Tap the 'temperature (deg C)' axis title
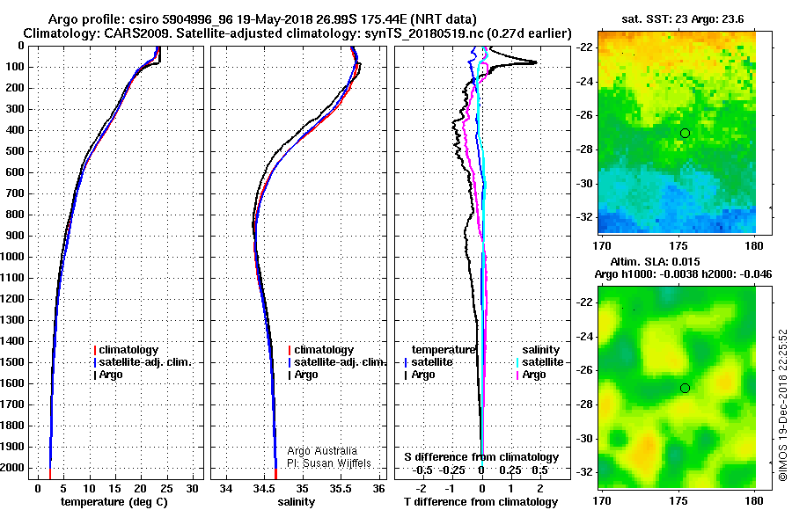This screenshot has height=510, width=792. pos(114,502)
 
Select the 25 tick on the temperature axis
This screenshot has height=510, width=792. pos(166,489)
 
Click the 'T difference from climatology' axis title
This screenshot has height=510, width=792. pos(480,502)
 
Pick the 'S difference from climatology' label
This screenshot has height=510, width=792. pos(481,457)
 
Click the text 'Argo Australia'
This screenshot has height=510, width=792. pos(322,451)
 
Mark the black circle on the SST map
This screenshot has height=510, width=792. pos(685,134)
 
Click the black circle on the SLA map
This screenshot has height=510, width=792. pos(685,388)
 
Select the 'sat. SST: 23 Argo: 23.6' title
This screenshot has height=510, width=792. pos(682,19)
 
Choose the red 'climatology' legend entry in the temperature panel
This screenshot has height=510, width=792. pos(126,349)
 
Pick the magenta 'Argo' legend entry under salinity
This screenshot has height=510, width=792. pos(531,375)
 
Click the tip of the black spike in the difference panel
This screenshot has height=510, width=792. pos(537,62)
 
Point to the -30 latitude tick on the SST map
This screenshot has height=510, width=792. pos(584,183)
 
